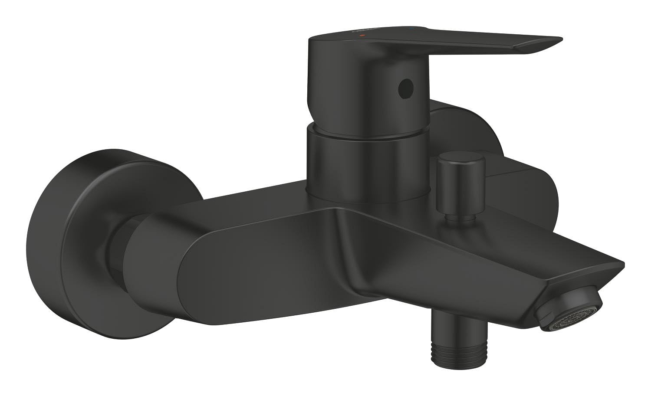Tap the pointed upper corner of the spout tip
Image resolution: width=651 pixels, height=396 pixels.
coord(621,262)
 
